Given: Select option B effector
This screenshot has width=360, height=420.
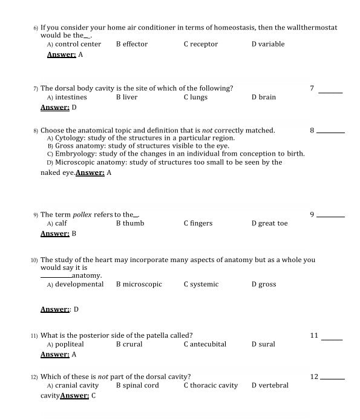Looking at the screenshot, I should click(x=132, y=44).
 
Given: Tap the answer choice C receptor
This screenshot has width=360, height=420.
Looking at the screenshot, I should click(x=201, y=44).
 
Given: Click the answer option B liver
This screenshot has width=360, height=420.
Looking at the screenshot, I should click(x=127, y=97).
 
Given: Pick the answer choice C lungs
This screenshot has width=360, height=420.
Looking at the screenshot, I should click(x=195, y=97).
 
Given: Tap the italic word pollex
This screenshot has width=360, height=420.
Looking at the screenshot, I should click(x=82, y=215).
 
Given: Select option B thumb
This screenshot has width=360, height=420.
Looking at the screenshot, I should click(x=130, y=223).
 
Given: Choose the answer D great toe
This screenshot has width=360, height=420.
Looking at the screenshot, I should click(x=270, y=223).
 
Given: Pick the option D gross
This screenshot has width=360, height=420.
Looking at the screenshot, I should click(x=264, y=284).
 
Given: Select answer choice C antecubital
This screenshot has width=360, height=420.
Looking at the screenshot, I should click(x=205, y=344).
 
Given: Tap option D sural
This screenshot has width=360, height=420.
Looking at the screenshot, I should click(x=263, y=344).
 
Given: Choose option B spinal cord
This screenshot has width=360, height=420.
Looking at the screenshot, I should click(x=137, y=386).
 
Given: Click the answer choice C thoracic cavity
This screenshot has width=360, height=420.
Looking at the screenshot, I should click(x=211, y=386).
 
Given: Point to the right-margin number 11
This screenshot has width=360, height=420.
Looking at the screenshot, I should click(x=314, y=335).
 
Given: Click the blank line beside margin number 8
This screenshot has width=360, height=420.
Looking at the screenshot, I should click(x=331, y=132).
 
